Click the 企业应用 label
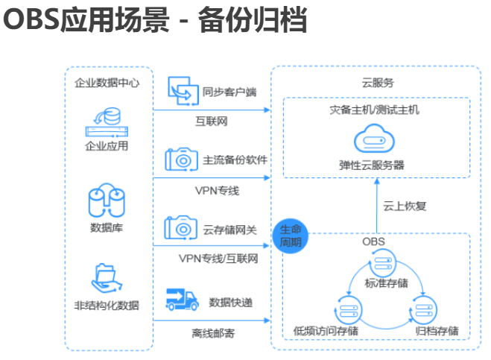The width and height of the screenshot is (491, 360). [107, 145]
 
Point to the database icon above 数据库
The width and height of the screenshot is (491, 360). [107, 199]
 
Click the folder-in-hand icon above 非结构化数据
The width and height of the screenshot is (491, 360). [107, 277]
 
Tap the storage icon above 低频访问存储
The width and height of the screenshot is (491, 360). [346, 308]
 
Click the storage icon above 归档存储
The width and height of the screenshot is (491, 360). [424, 308]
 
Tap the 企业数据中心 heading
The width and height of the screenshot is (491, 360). [107, 83]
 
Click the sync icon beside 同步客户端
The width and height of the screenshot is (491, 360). [181, 89]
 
